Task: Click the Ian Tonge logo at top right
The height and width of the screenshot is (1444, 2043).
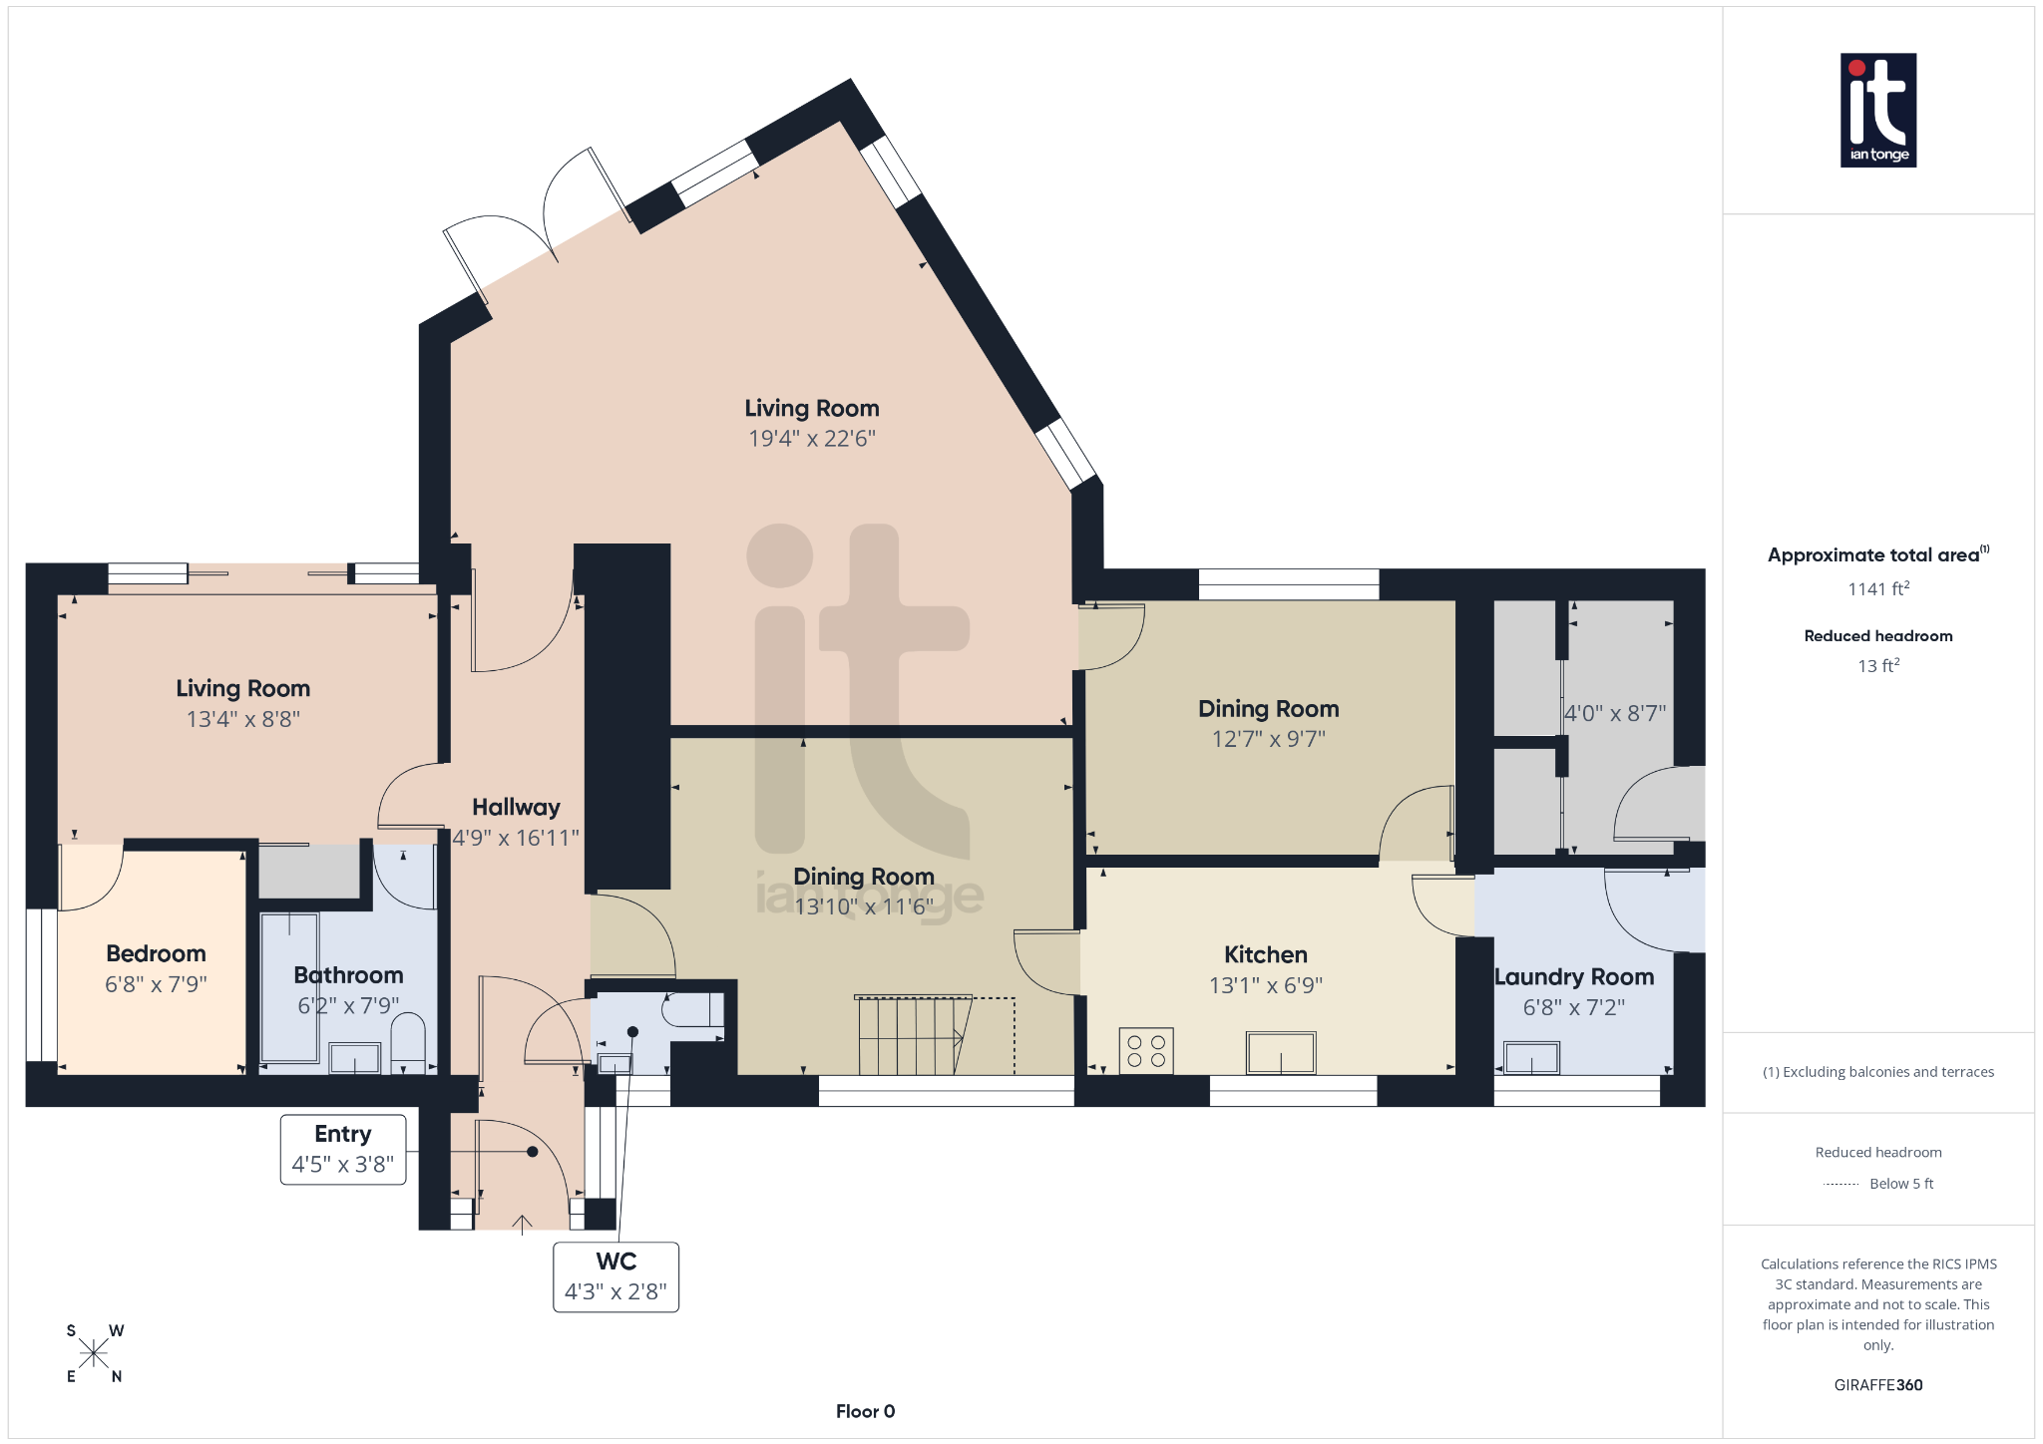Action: pos(1877,110)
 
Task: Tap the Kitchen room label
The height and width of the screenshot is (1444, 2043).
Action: pos(1265,954)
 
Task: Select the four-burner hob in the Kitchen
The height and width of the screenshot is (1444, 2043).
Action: pos(1145,1051)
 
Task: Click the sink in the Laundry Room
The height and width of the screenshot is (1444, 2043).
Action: pos(1531,1057)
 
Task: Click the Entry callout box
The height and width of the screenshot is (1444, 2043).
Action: pos(343,1149)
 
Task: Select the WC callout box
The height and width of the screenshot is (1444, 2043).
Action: pos(615,1276)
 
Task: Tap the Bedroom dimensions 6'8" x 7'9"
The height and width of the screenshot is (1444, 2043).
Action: pos(156,984)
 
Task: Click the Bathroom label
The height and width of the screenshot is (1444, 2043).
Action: pos(348,974)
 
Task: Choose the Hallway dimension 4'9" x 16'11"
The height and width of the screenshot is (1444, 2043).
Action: pos(516,838)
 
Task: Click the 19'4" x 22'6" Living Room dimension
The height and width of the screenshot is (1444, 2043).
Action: pos(812,439)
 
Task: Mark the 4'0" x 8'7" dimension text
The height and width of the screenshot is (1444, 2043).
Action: pos(1614,714)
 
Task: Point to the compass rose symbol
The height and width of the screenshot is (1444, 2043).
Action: pos(94,1353)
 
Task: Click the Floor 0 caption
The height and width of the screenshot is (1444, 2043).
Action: pos(865,1411)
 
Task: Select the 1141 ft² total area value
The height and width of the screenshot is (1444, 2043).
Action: pos(1877,589)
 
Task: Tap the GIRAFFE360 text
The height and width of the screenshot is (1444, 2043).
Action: pos(1877,1385)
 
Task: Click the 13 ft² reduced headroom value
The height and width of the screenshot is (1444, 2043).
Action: pos(1877,665)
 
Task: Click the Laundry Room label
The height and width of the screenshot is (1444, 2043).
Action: pos(1573,977)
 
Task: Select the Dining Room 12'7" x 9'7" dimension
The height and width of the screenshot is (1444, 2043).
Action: pos(1268,739)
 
